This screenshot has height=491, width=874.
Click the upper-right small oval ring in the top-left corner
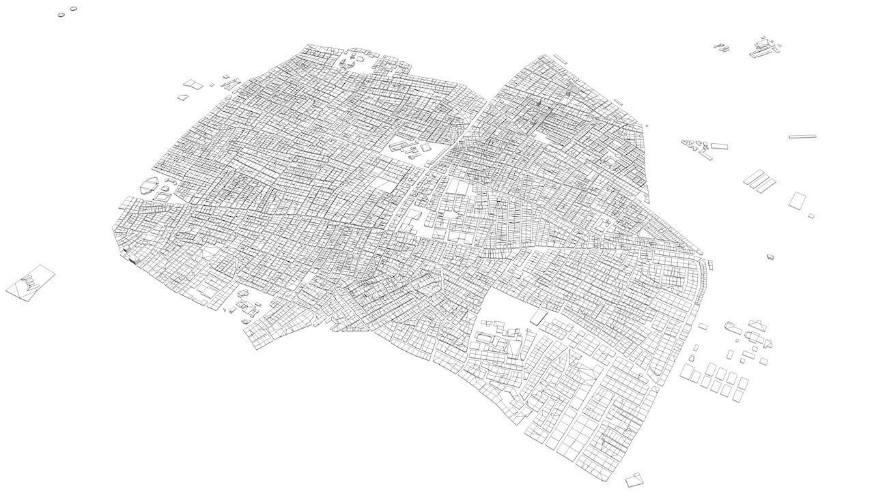click(73, 9)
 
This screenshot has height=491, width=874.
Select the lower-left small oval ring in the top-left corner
click(61, 14)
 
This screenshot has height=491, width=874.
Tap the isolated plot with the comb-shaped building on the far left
click(31, 282)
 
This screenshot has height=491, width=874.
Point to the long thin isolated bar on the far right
click(802, 136)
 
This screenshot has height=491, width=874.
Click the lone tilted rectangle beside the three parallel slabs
click(797, 200)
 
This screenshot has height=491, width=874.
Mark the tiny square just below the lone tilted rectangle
click(811, 216)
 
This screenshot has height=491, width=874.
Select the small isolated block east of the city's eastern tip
click(770, 257)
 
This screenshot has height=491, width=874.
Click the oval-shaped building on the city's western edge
click(149, 185)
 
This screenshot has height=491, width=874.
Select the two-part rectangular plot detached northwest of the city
click(193, 84)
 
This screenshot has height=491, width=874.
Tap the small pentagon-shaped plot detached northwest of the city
click(182, 98)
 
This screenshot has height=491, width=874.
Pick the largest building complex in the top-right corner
click(763, 50)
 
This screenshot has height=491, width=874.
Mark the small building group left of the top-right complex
click(722, 48)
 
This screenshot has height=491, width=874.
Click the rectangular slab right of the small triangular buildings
click(719, 146)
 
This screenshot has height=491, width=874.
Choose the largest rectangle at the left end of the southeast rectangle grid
click(690, 372)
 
